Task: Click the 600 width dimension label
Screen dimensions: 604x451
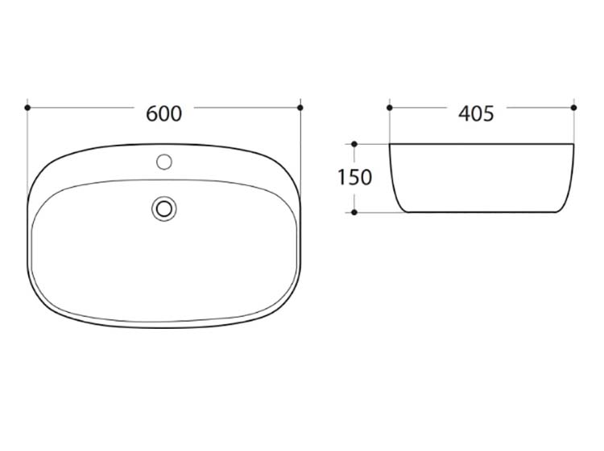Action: [163, 114]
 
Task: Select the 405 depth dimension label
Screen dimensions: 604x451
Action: [476, 114]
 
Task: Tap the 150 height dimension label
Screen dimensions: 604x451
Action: [355, 177]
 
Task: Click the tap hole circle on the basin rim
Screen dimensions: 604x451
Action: [164, 162]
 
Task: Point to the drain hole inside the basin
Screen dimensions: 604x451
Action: [164, 209]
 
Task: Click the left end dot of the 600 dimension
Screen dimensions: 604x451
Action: [27, 108]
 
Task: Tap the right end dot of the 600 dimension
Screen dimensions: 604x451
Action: [300, 108]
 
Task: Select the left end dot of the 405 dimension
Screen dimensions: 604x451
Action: [390, 108]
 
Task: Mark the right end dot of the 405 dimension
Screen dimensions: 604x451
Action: [574, 108]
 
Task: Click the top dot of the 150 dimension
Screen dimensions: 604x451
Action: [354, 144]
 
